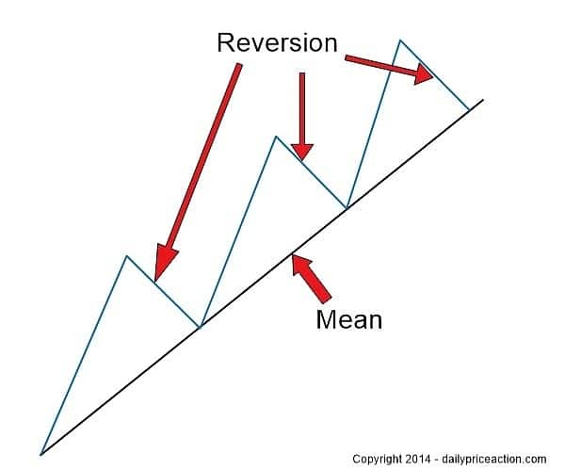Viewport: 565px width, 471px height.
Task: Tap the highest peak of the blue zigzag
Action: tap(400, 41)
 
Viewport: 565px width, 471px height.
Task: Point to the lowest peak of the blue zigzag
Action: tap(126, 255)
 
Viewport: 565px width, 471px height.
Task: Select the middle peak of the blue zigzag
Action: tap(276, 137)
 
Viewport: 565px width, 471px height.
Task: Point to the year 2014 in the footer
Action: tap(421, 459)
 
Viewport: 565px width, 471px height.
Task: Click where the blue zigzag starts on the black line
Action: tap(40, 454)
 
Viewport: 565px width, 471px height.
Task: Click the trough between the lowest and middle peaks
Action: tap(200, 327)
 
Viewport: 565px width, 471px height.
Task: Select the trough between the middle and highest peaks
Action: tap(347, 207)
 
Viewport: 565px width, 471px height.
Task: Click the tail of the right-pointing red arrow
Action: tap(347, 59)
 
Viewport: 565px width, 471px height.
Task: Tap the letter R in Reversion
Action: tap(225, 42)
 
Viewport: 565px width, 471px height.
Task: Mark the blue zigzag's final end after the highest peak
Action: tap(468, 109)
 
